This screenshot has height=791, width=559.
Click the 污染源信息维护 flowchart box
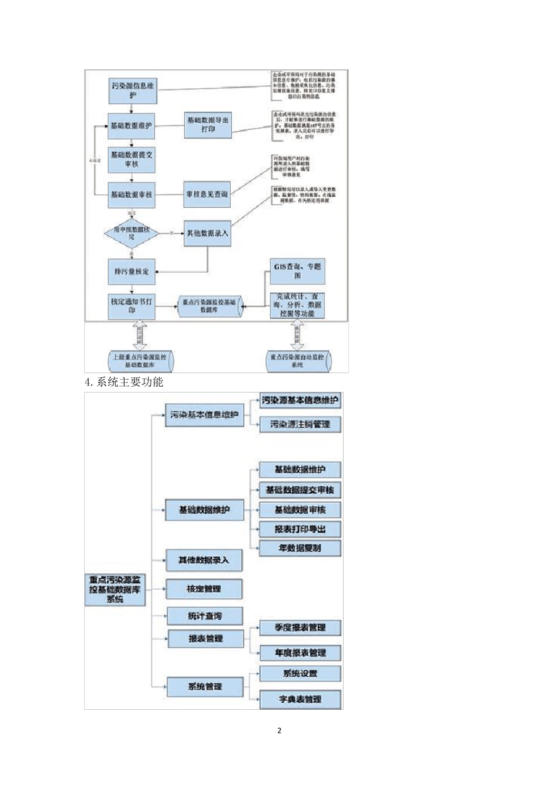[x=132, y=91]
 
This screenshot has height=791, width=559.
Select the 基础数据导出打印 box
[x=208, y=125]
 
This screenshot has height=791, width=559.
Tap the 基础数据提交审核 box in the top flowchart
[x=131, y=159]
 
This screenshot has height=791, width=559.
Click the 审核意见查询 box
[x=207, y=194]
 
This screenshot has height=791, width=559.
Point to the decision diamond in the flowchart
[x=131, y=233]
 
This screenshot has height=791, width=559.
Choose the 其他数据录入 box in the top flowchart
[x=207, y=233]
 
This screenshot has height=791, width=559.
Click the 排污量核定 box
[x=131, y=271]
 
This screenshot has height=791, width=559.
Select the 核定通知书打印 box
[x=131, y=306]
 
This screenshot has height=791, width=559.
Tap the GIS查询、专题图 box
[x=297, y=271]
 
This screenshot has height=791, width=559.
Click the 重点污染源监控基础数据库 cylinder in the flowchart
[x=209, y=306]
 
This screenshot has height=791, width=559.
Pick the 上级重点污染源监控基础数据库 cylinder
[x=140, y=361]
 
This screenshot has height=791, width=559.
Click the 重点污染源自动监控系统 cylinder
[x=298, y=361]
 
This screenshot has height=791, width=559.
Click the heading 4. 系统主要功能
[x=124, y=382]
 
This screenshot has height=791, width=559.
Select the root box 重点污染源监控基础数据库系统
[x=115, y=590]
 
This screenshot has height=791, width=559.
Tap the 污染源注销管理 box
[x=300, y=424]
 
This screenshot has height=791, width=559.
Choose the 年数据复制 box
[x=300, y=549]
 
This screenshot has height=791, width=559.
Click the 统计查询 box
[x=205, y=616]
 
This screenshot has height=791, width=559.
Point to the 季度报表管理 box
[x=300, y=628]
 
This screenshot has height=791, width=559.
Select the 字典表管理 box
[x=300, y=699]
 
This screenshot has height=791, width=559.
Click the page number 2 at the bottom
[x=279, y=730]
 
